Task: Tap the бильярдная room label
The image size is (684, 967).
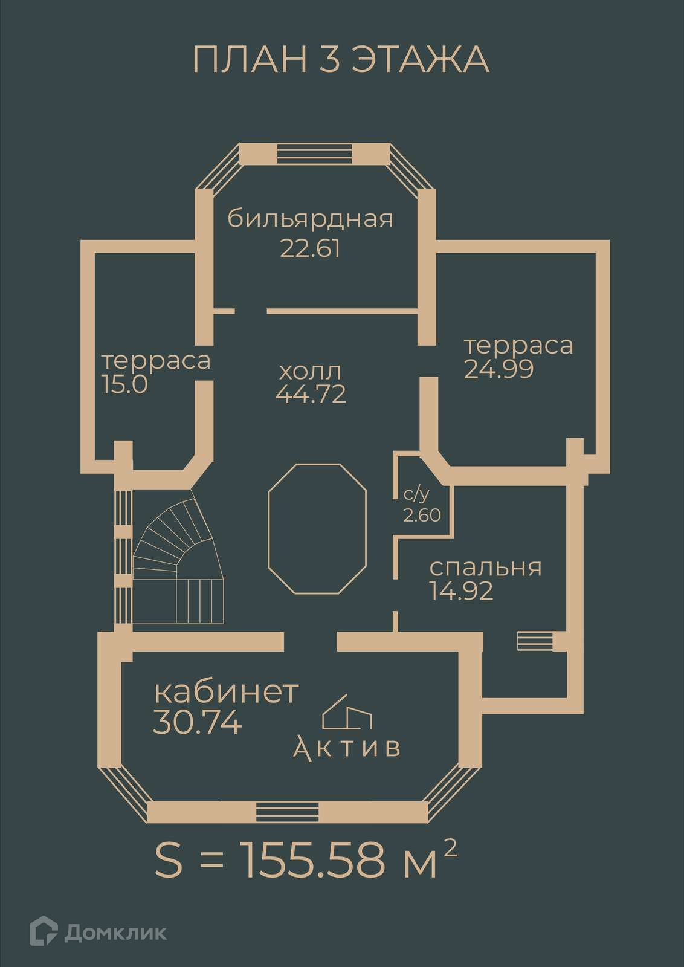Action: pyautogui.click(x=311, y=219)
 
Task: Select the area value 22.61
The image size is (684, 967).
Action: pyautogui.click(x=311, y=248)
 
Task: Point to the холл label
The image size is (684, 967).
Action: pyautogui.click(x=310, y=369)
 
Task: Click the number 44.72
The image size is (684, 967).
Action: pyautogui.click(x=311, y=394)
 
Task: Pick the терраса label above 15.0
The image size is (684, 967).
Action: pyautogui.click(x=156, y=361)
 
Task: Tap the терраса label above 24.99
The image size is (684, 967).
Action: pyautogui.click(x=518, y=346)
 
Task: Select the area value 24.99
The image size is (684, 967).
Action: pyautogui.click(x=499, y=369)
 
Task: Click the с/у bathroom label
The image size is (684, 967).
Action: pyautogui.click(x=416, y=495)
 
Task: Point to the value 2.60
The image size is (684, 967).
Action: pyautogui.click(x=422, y=516)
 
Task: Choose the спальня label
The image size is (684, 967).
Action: pyautogui.click(x=485, y=568)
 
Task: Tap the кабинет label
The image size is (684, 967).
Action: pyautogui.click(x=227, y=692)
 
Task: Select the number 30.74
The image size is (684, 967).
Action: pyautogui.click(x=198, y=722)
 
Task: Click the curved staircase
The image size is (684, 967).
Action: pyautogui.click(x=178, y=556)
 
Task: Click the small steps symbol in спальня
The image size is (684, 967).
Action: pyautogui.click(x=535, y=641)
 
